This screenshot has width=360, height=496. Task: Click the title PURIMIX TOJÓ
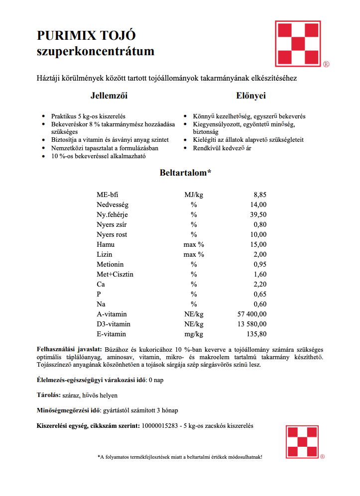(86, 36)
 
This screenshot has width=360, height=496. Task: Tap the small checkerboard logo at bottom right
(302, 443)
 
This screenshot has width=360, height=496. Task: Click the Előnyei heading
(251, 95)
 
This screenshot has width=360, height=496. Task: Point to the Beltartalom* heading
(185, 173)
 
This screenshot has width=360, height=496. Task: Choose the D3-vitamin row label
(114, 324)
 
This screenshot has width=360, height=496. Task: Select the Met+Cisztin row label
(115, 274)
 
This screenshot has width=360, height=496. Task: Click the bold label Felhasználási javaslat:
(69, 349)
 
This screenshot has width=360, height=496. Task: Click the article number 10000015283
(161, 426)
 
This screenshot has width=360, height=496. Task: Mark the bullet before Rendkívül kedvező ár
(186, 148)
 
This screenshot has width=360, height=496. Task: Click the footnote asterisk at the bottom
(99, 457)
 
